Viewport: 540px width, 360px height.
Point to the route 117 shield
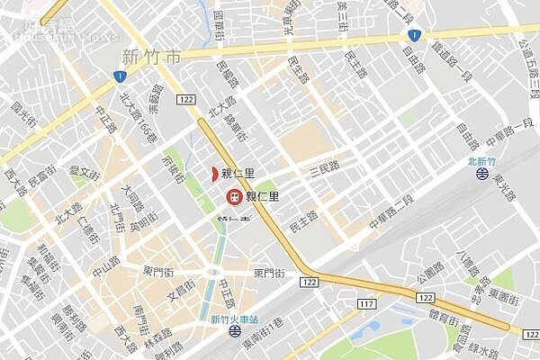click(x=366, y=304)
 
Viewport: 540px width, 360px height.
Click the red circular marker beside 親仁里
click(x=232, y=196)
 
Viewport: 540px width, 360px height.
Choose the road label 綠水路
click(x=495, y=349)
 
